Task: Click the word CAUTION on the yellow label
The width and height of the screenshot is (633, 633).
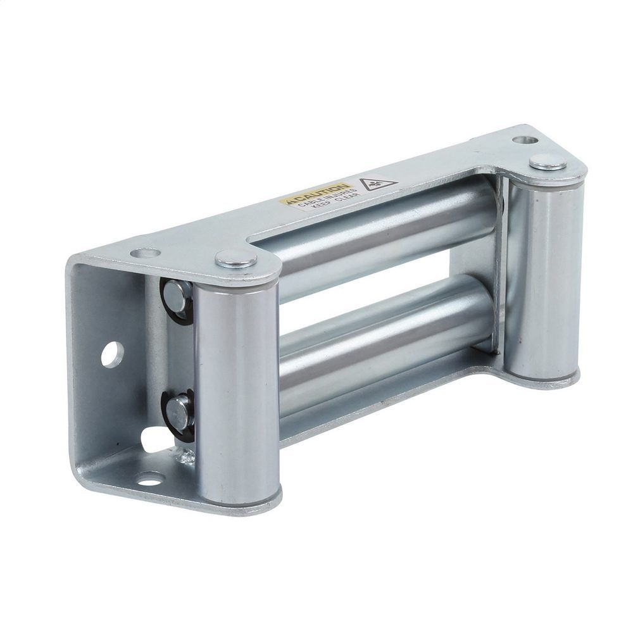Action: click(x=315, y=194)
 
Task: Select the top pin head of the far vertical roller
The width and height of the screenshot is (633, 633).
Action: click(x=548, y=161)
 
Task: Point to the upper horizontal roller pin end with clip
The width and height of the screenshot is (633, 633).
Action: click(x=177, y=296)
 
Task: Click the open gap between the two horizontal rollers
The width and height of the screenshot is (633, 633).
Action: click(x=380, y=285)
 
